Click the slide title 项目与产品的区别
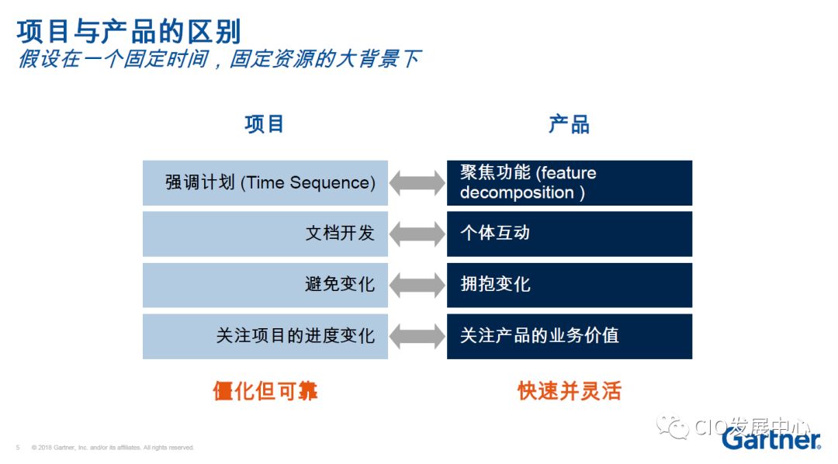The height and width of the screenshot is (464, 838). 129,32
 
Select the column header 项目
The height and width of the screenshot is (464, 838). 265,124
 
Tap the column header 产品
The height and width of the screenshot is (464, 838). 569,124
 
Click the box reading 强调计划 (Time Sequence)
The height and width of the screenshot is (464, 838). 265,183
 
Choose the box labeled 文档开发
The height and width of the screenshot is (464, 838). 265,234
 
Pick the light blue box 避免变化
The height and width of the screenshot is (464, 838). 265,285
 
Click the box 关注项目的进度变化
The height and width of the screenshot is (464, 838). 265,336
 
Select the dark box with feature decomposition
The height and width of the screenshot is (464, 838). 569,183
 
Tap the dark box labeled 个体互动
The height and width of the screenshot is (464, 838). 569,234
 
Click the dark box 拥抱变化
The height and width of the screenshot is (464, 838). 569,285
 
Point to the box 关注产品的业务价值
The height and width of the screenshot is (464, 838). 569,336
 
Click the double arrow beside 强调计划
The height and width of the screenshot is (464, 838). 417,183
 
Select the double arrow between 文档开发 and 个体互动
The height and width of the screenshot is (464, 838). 417,234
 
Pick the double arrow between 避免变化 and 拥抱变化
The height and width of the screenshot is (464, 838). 417,285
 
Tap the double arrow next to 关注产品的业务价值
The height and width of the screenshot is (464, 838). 417,336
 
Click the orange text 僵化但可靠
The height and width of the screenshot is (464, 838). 265,391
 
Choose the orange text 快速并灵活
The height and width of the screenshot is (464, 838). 570,391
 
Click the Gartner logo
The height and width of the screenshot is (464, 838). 770,439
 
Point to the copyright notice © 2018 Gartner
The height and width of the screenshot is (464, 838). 113,448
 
